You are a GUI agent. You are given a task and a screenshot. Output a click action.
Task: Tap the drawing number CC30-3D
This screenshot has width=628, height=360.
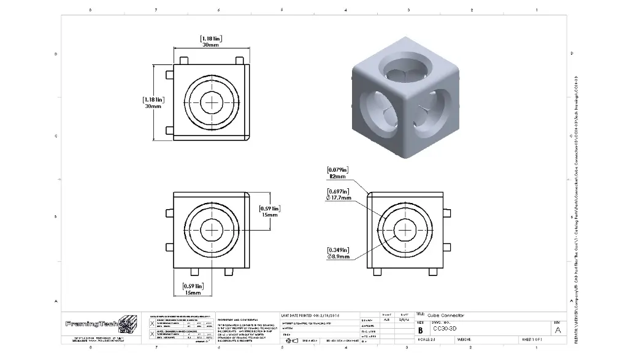coord(445,329)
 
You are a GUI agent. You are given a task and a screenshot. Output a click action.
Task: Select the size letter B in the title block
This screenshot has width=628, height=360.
coord(421,329)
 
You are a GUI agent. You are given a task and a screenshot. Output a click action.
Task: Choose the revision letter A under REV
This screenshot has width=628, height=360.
coord(557,329)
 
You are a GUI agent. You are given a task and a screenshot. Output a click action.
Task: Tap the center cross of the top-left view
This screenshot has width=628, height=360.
coord(212,102)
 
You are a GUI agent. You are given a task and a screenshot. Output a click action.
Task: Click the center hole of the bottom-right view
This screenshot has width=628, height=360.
coord(404,229)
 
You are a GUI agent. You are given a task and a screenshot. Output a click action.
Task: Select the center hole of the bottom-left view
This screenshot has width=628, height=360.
coord(212,229)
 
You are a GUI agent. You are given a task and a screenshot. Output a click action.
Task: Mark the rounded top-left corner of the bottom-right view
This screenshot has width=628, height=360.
coord(369,195)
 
